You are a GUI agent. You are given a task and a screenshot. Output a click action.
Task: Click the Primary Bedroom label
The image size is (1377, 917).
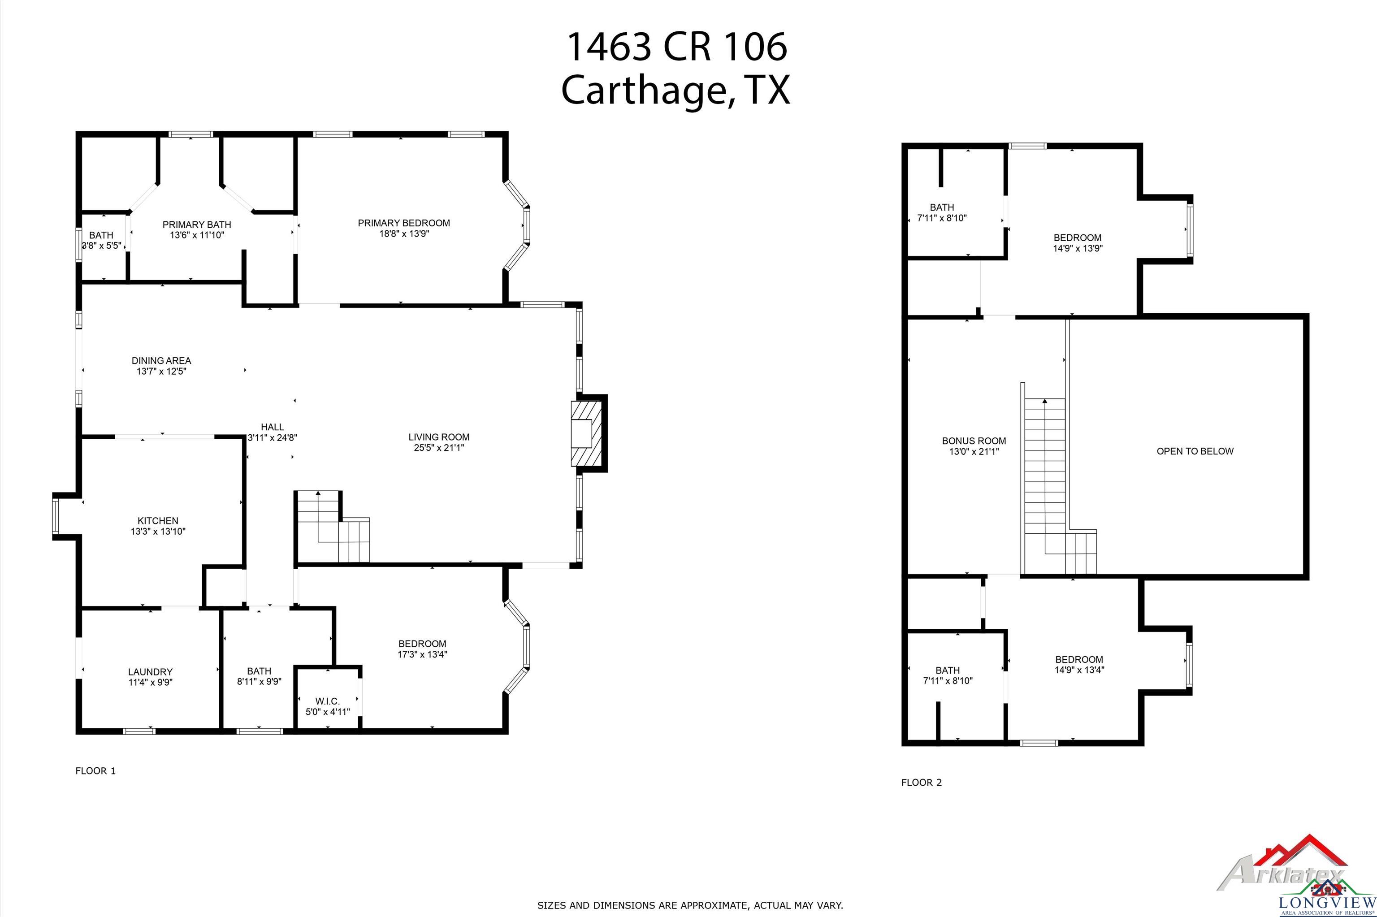(403, 223)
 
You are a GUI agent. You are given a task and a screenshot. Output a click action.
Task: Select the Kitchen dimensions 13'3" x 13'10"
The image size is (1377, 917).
(158, 532)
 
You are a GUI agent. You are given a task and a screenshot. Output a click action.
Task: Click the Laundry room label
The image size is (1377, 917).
(150, 672)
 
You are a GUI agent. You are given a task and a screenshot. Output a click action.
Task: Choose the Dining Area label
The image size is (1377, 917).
(161, 361)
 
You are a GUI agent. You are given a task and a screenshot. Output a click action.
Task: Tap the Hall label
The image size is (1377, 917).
(273, 427)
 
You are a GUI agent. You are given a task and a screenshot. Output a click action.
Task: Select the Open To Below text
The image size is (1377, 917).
(1195, 451)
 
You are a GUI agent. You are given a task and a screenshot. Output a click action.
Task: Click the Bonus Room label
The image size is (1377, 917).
(974, 441)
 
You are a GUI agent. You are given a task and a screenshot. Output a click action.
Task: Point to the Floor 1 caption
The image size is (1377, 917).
(95, 771)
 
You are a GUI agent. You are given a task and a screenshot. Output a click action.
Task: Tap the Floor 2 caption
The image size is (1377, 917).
(922, 783)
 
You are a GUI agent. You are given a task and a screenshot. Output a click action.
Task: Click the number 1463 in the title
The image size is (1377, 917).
(609, 46)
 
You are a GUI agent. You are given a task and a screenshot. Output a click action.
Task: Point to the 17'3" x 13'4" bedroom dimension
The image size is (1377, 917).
(422, 654)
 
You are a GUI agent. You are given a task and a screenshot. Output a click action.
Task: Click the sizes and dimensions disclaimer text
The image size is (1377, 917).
(690, 905)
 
